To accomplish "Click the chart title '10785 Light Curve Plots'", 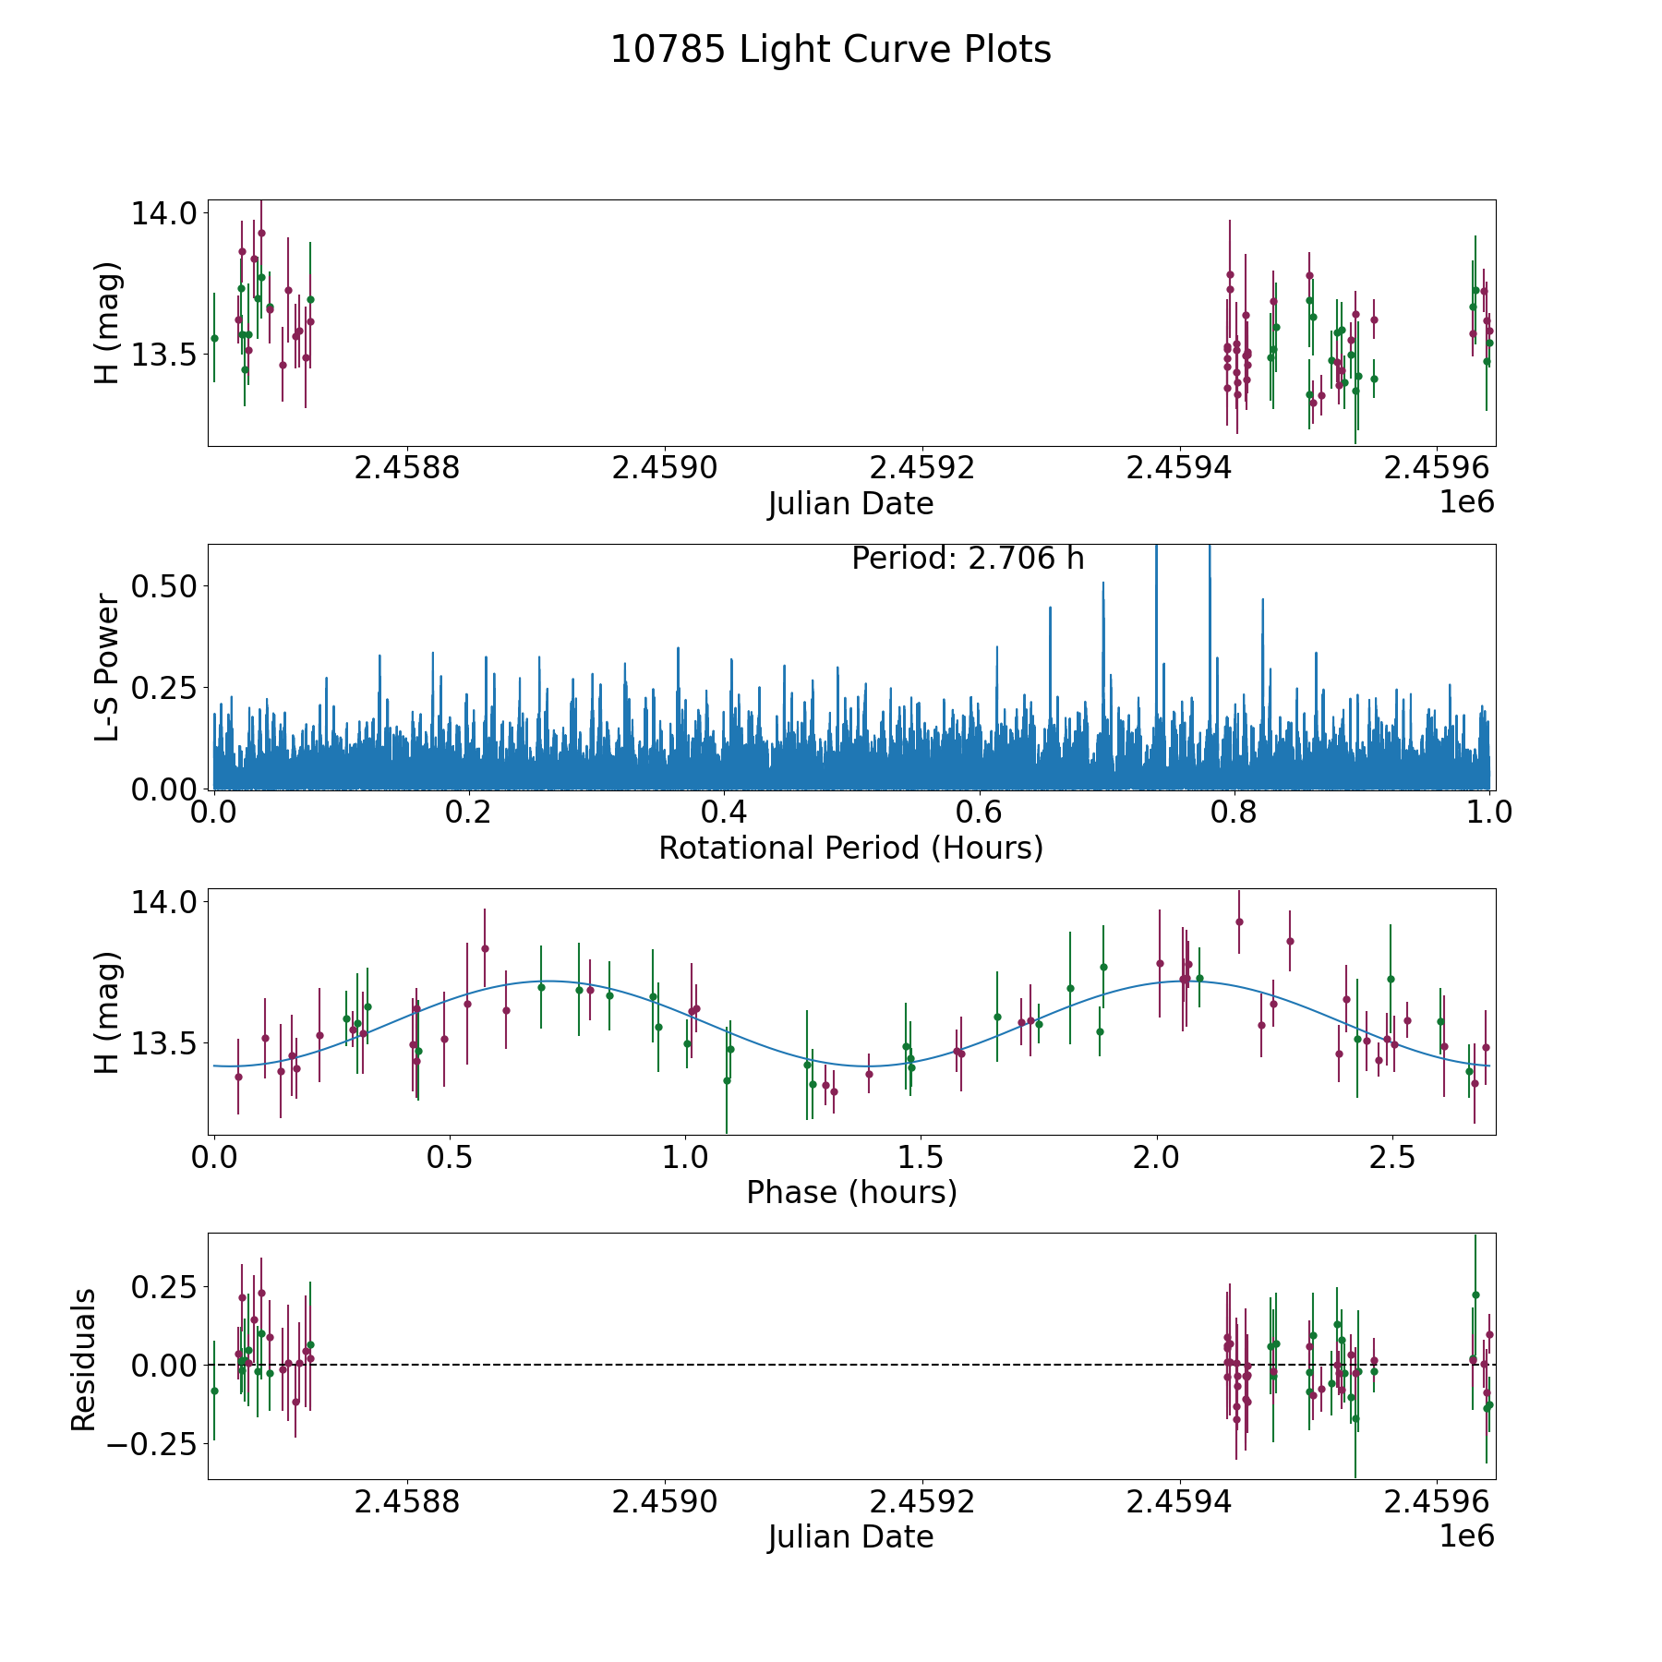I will pyautogui.click(x=831, y=50).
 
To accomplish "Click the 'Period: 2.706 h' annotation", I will pyautogui.click(x=968, y=559).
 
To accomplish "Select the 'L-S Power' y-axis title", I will pyautogui.click(x=108, y=667).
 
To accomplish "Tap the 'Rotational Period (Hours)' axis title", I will pyautogui.click(x=850, y=848).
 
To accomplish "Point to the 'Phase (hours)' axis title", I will pyautogui.click(x=851, y=1192).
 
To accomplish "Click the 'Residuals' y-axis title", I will pyautogui.click(x=84, y=1360).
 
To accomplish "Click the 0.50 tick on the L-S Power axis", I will pyautogui.click(x=167, y=585).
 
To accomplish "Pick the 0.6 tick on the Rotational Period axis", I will pyautogui.click(x=979, y=813).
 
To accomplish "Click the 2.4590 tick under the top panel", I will pyautogui.click(x=665, y=469).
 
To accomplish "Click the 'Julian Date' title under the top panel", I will pyautogui.click(x=850, y=504).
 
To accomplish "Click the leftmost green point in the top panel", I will pyautogui.click(x=214, y=338).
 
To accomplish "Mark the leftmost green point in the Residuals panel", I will pyautogui.click(x=214, y=1391).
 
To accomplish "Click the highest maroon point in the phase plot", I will pyautogui.click(x=1239, y=921).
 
